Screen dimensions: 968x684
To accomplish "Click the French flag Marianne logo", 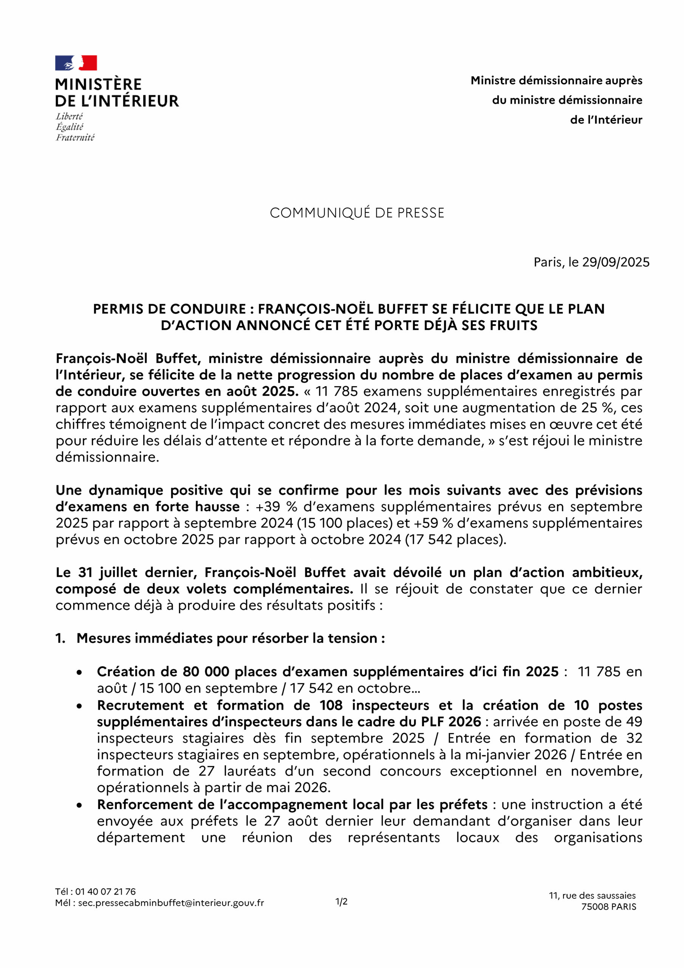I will pyautogui.click(x=76, y=63).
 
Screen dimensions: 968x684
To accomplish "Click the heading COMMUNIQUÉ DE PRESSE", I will pyautogui.click(x=357, y=213).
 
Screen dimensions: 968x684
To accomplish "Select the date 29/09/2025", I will pyautogui.click(x=616, y=262).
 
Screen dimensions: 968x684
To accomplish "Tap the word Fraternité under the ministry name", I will pyautogui.click(x=75, y=137).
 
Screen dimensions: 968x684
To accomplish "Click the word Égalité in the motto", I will pyautogui.click(x=70, y=127).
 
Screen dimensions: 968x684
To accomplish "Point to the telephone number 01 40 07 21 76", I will pyautogui.click(x=105, y=892).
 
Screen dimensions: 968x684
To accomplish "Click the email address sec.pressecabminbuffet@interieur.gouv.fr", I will pyautogui.click(x=171, y=903).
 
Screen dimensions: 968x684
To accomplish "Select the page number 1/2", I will pyautogui.click(x=341, y=902).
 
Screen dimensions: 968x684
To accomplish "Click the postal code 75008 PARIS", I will pyautogui.click(x=608, y=906).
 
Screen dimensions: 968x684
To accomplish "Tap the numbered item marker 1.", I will pyautogui.click(x=60, y=638).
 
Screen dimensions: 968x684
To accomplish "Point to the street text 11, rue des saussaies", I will pyautogui.click(x=592, y=895).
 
